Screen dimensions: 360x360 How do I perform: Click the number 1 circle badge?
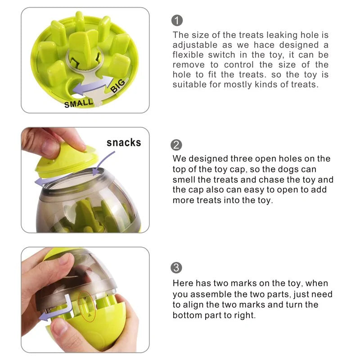[x=177, y=20]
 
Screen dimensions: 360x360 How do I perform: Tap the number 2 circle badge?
[x=177, y=145]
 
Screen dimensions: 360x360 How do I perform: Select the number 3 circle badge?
[x=177, y=268]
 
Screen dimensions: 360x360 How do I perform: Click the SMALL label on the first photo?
[x=79, y=103]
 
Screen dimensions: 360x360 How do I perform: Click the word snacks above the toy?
[x=124, y=143]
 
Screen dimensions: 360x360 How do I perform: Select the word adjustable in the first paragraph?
[x=195, y=45]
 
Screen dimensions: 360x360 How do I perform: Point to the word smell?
[x=185, y=180]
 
